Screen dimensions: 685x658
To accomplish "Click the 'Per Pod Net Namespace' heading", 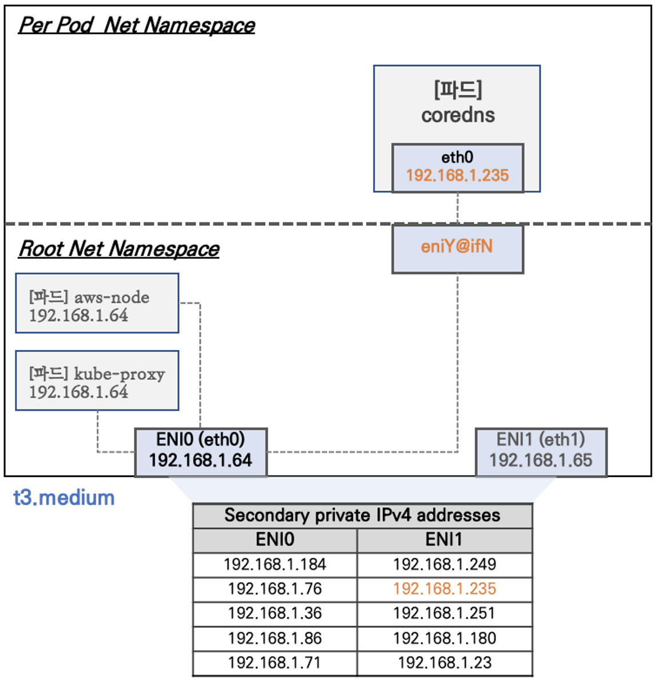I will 136,25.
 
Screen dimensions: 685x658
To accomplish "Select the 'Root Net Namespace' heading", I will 119,249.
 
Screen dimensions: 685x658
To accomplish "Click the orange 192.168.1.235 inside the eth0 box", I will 457,176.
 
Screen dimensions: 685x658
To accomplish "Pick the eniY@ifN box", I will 457,248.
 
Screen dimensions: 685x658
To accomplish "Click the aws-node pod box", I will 97,304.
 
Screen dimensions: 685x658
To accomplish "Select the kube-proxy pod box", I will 97,381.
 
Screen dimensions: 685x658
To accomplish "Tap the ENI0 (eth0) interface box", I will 201,451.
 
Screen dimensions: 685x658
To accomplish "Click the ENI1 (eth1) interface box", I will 541,451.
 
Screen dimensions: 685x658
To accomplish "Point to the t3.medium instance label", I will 64,498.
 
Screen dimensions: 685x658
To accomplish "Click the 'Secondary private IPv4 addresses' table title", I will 362,515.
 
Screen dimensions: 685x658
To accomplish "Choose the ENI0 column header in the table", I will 275,540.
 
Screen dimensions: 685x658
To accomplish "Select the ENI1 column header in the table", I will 444,540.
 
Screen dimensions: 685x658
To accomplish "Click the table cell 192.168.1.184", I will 275,565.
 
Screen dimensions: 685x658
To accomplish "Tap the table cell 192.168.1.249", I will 445,565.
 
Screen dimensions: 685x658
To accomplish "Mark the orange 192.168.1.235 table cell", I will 445,589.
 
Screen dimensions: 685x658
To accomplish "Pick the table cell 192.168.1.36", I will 275,614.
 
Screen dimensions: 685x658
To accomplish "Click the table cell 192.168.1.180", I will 445,639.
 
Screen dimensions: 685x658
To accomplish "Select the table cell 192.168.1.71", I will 275,663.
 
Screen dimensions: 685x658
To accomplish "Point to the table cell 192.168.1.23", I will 445,663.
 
